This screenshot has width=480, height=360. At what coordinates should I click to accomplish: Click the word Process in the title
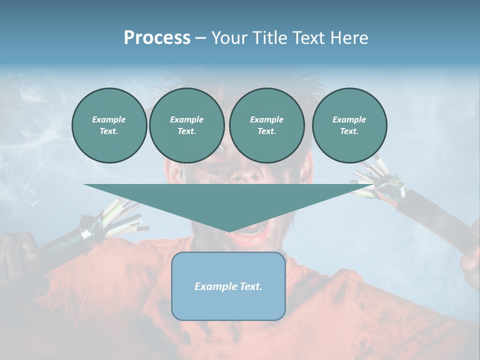(x=157, y=38)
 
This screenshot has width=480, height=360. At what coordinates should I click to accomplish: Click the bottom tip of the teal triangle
(x=229, y=230)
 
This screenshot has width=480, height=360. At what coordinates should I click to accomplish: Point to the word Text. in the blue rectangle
(x=250, y=286)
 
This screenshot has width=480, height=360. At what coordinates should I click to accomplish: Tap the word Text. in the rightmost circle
(x=349, y=131)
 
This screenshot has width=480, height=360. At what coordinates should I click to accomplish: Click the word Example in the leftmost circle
(x=108, y=119)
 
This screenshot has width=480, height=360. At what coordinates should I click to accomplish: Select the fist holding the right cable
(x=470, y=265)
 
